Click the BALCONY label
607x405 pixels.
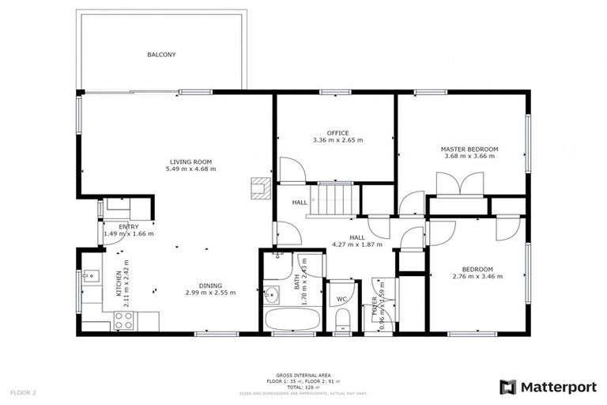point(161,55)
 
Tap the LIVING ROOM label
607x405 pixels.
point(190,161)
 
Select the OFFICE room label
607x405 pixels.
point(337,133)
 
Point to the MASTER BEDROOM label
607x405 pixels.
point(469,149)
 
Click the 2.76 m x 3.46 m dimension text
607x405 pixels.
point(477,276)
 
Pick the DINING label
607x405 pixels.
point(210,286)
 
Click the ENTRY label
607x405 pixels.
point(128,227)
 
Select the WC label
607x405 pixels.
point(342,299)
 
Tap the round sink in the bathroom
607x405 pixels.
point(271,295)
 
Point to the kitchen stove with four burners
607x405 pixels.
point(124,320)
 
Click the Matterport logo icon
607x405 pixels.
point(508,387)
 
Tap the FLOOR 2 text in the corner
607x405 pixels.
point(23,392)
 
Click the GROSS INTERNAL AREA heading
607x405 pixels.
point(303,375)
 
